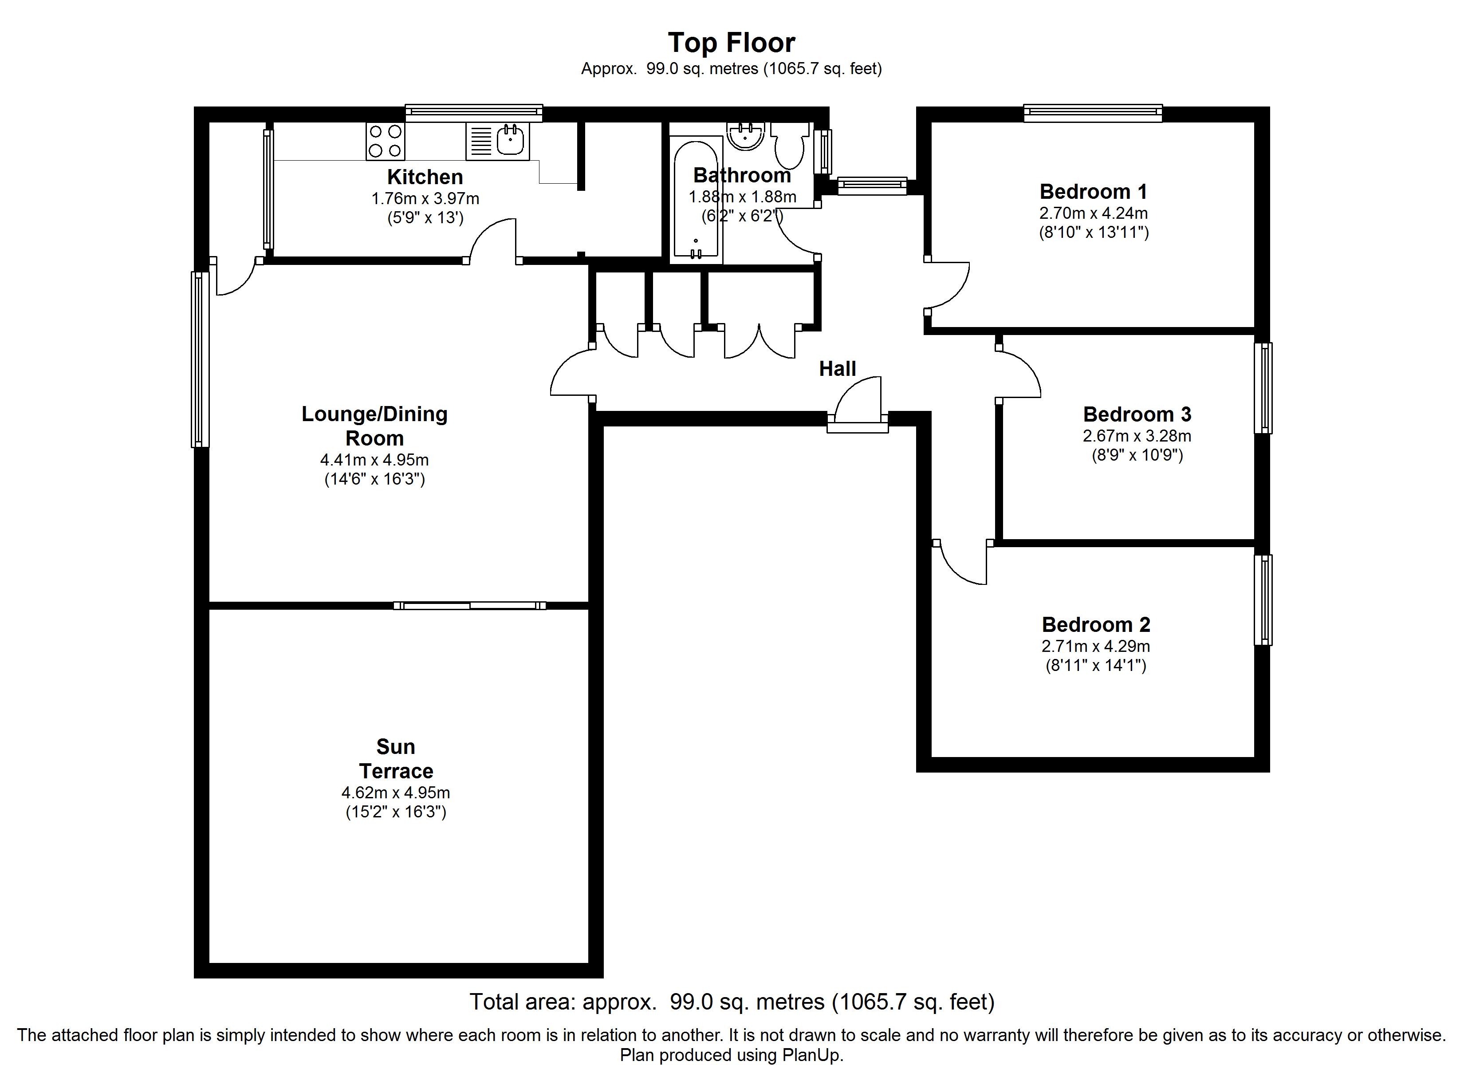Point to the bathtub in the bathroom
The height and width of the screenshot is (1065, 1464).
click(696, 199)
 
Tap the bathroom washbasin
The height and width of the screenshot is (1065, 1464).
click(746, 136)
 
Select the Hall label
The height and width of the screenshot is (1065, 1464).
click(837, 369)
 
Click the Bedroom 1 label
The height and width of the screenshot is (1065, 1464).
click(1094, 191)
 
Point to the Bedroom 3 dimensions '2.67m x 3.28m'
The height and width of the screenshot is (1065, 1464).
click(1137, 436)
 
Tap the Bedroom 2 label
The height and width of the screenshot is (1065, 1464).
click(1096, 624)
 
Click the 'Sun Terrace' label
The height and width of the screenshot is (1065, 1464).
click(396, 759)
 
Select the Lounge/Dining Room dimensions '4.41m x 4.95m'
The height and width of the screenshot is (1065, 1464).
click(374, 460)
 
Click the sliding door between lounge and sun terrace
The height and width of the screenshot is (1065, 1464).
click(470, 606)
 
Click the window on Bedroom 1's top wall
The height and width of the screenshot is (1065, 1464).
click(1093, 114)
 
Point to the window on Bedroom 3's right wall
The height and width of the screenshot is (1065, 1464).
click(1263, 387)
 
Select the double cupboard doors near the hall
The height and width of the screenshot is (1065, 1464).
click(760, 341)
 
